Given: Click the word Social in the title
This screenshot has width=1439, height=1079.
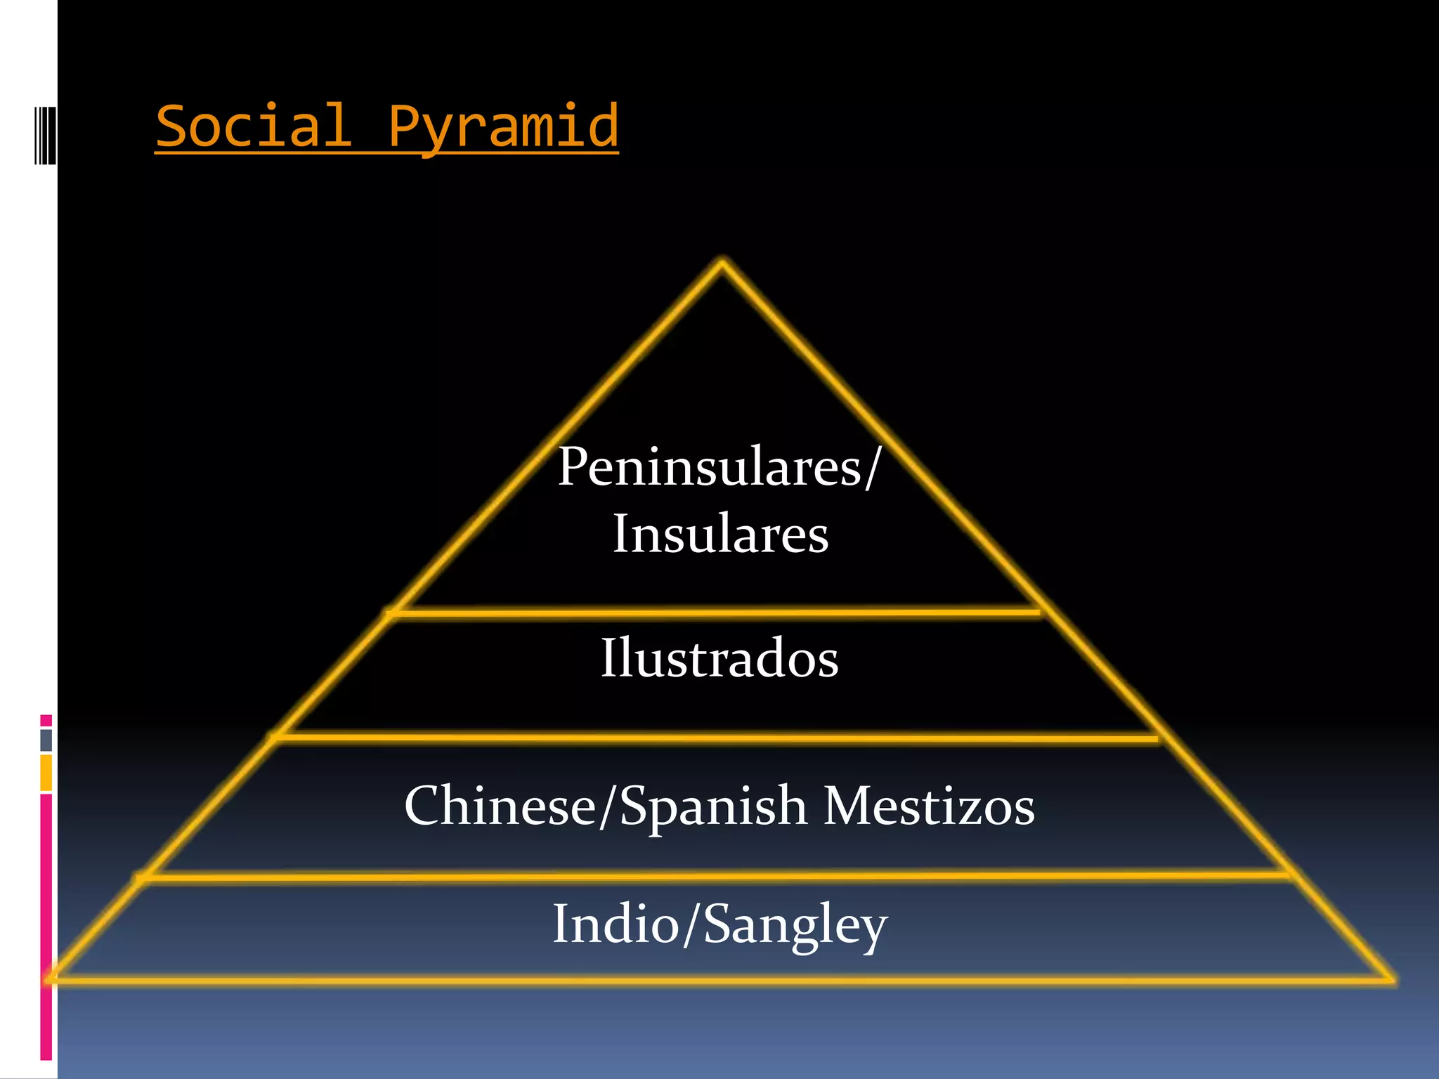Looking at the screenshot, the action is pyautogui.click(x=253, y=126).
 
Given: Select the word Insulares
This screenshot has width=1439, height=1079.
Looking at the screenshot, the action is pyautogui.click(x=720, y=535).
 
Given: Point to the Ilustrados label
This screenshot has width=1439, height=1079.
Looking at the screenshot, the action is pyautogui.click(x=719, y=658).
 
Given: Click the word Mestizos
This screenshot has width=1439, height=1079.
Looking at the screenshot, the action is pyautogui.click(x=929, y=806).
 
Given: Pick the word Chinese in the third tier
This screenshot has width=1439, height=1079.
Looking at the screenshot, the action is pyautogui.click(x=500, y=806).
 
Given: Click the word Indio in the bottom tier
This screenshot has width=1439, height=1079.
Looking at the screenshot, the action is pyautogui.click(x=616, y=924).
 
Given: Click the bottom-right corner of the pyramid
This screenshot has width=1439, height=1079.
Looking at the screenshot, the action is pyautogui.click(x=1391, y=979).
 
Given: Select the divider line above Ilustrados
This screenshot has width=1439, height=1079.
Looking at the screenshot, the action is pyautogui.click(x=713, y=613).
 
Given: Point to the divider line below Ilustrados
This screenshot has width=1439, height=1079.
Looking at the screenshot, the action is pyautogui.click(x=713, y=738).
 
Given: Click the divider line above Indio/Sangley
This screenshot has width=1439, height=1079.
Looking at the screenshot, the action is pyautogui.click(x=713, y=876).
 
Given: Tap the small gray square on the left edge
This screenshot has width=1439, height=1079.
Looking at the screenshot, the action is pyautogui.click(x=46, y=740).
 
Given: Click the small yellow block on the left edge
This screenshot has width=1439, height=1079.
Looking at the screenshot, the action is pyautogui.click(x=46, y=773).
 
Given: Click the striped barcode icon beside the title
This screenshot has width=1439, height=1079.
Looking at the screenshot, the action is pyautogui.click(x=45, y=136).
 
